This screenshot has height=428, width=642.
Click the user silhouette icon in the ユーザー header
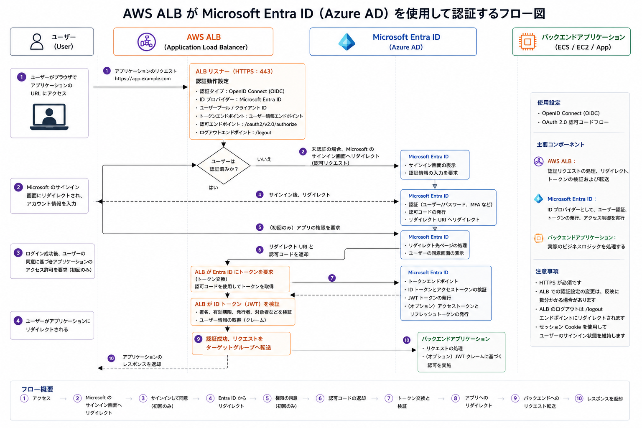37,41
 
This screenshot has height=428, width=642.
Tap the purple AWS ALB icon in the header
146,42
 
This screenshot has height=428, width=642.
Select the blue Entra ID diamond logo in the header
347,42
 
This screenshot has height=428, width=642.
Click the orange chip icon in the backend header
527,42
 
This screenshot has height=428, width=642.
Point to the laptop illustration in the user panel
49,117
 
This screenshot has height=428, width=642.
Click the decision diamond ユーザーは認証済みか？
224,166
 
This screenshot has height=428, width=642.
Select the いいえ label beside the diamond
264,159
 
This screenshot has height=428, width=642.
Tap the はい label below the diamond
213,188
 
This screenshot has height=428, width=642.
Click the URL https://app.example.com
143,79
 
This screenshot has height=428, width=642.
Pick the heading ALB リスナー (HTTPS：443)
234,71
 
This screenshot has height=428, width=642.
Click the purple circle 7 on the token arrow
332,278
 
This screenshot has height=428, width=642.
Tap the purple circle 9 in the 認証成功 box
199,339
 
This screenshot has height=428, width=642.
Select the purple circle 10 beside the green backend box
407,340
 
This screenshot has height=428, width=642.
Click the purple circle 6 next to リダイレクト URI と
260,250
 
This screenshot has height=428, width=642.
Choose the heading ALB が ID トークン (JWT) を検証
237,304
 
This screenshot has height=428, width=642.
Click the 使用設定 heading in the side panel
549,103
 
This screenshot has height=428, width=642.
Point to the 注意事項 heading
547,271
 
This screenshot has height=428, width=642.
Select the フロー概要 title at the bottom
37,389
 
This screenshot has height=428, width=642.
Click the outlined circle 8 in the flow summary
455,398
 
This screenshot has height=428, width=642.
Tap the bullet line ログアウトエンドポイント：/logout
235,132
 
